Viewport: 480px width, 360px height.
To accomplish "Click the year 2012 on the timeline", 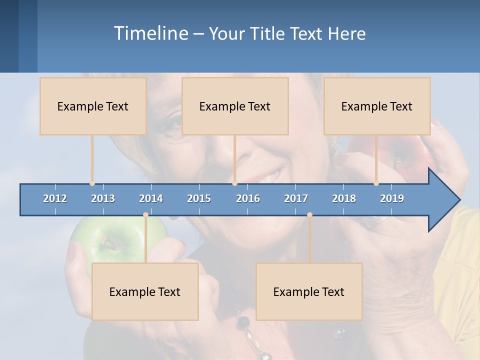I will [x=55, y=198].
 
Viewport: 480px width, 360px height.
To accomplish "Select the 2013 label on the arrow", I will [x=103, y=198].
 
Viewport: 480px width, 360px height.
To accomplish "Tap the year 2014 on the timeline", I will [x=151, y=198].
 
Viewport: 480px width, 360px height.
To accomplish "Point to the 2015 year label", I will [x=199, y=198].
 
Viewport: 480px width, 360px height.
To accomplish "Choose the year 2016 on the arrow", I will [x=248, y=198].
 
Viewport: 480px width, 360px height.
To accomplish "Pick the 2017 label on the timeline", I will [x=296, y=198].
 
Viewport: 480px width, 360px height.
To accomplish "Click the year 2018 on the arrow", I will [x=344, y=198].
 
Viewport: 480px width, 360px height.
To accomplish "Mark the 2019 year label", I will [x=392, y=198].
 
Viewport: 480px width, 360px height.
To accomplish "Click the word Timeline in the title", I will [x=150, y=33].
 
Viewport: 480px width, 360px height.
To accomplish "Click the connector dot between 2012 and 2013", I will [x=92, y=183].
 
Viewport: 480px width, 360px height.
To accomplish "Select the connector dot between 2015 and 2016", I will [x=235, y=183].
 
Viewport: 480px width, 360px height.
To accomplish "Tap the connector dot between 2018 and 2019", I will [x=376, y=183].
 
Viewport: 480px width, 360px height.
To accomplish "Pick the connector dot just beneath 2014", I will [x=145, y=215].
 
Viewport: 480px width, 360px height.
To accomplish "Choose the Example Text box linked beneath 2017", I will [x=309, y=291].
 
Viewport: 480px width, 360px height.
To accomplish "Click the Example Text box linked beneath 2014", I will [x=145, y=291].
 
